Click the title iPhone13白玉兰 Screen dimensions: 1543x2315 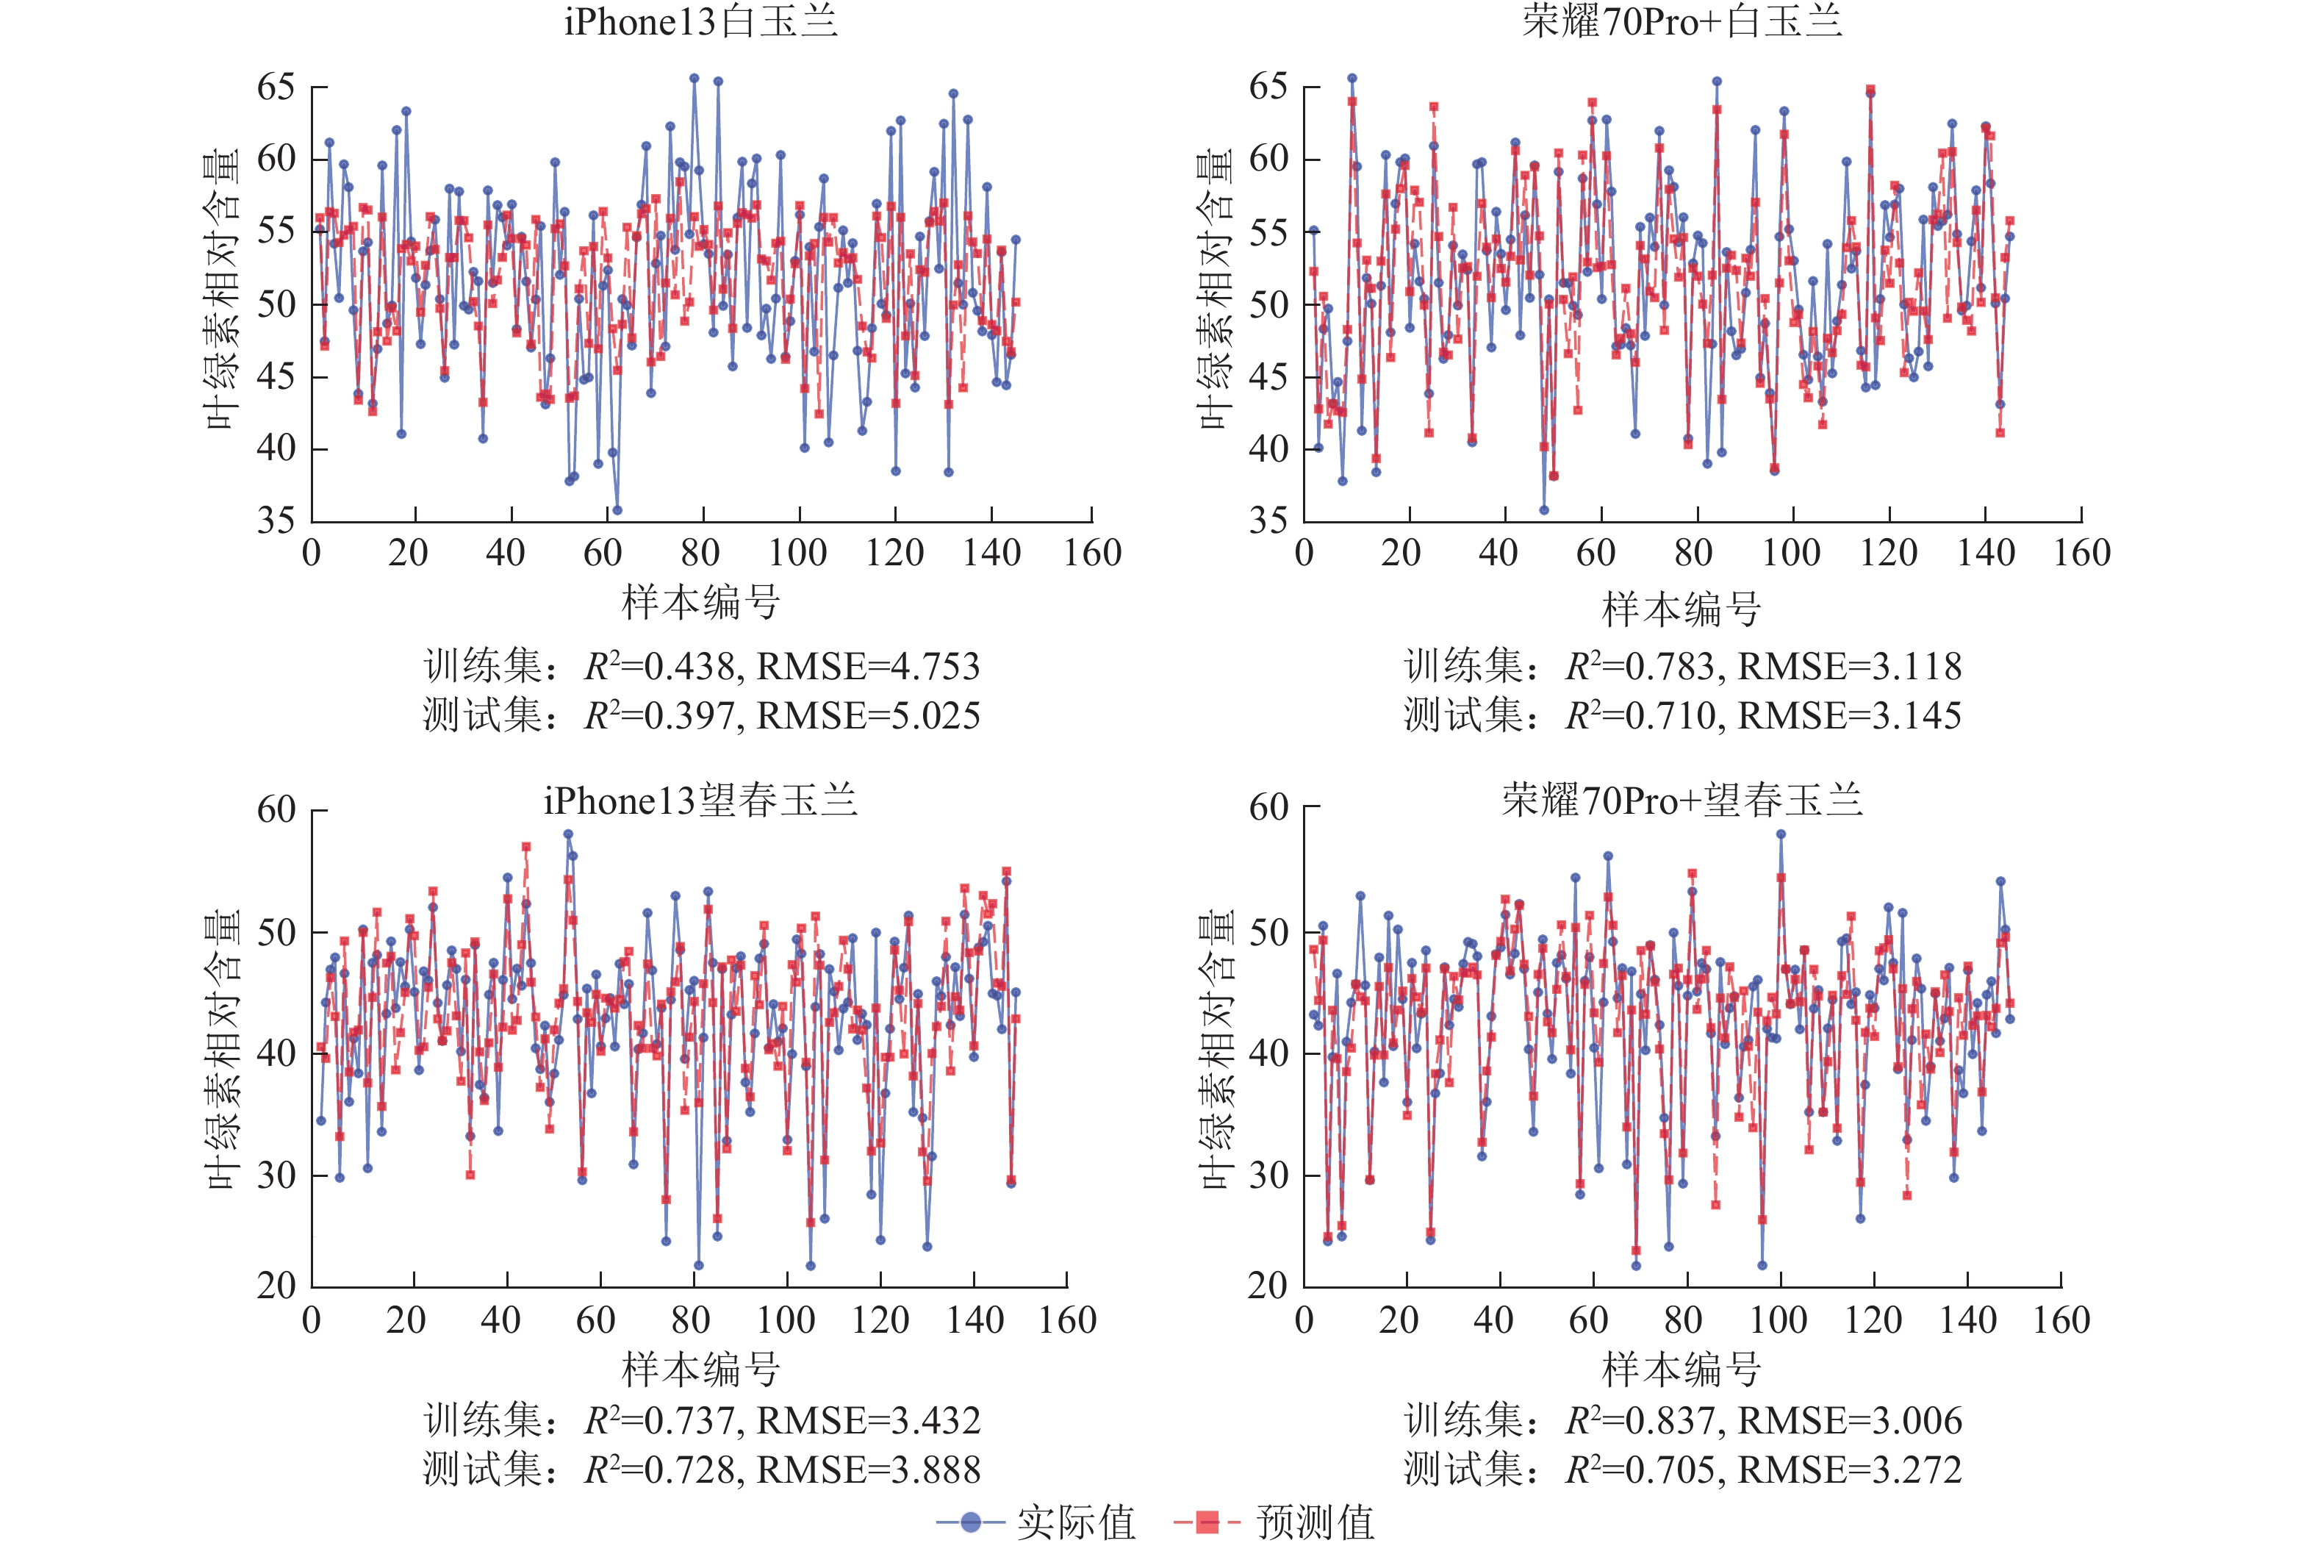(700, 21)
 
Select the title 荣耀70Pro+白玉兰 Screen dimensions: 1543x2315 (1681, 21)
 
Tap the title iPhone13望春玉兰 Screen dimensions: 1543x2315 (700, 801)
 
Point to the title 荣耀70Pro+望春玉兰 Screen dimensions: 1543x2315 (1681, 801)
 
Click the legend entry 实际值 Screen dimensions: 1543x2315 (1075, 1522)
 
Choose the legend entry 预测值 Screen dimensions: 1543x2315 (1315, 1522)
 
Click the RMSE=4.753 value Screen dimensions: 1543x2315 (868, 667)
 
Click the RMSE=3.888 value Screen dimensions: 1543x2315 (868, 1470)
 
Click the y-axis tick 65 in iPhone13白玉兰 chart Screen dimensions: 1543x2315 (276, 87)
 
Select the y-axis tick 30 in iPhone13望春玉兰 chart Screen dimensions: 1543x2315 (276, 1175)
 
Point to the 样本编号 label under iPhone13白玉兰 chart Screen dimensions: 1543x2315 (700, 602)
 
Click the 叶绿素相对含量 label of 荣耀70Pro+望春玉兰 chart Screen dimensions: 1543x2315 (1217, 1050)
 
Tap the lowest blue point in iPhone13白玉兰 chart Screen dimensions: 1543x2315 (617, 509)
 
